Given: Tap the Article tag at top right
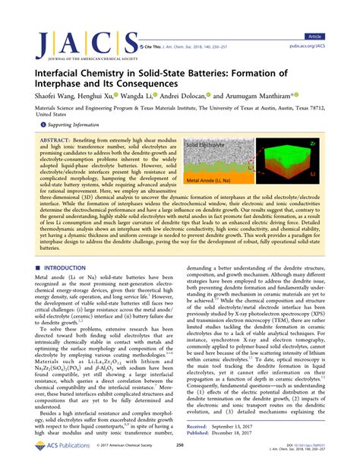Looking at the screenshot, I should tap(335, 14).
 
